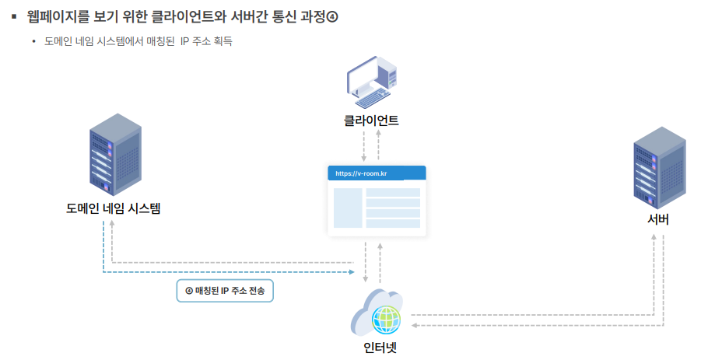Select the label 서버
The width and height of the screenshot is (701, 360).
pos(657,219)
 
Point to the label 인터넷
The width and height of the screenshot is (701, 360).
pos(380,347)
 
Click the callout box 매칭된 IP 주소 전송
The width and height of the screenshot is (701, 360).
pos(225,290)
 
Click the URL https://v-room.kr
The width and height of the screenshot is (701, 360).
pos(362,173)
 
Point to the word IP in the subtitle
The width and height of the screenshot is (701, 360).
pos(184,41)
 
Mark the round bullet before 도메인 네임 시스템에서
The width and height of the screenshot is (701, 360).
pos(34,41)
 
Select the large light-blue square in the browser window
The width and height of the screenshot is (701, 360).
pos(348,208)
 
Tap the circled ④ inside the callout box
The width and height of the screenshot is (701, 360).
pos(188,290)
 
